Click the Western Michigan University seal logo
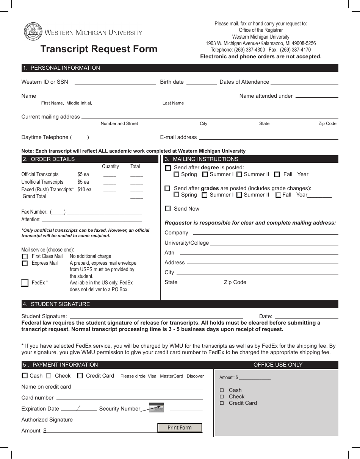31,31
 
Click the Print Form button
180,428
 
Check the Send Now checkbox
168,209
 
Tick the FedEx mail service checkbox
25,283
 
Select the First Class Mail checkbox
25,256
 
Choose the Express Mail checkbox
25,263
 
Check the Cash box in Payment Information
25,376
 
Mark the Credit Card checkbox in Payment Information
80,376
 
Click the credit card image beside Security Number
156,407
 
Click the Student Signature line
157,316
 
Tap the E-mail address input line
269,137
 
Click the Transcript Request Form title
99,49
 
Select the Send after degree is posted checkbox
168,168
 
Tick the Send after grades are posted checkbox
167,188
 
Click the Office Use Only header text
278,365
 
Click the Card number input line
129,398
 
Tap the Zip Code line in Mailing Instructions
293,283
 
